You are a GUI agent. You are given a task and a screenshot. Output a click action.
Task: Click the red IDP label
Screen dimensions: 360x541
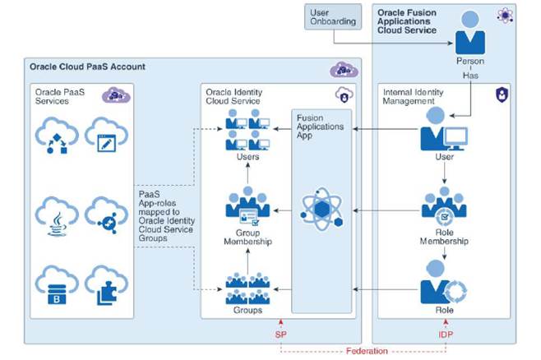pyautogui.click(x=444, y=335)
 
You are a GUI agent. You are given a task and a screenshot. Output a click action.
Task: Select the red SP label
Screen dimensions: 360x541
pyautogui.click(x=282, y=335)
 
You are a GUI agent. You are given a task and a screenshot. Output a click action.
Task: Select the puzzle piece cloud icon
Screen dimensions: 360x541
pyautogui.click(x=107, y=282)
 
